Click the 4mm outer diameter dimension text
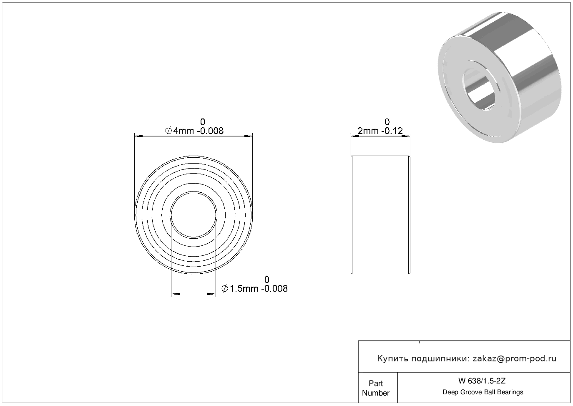194,131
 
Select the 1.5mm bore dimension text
254,288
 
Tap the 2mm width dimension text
380,131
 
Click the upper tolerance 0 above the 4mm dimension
203,121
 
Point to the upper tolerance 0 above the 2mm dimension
387,121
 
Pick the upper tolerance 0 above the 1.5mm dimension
267,279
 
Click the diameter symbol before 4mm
168,131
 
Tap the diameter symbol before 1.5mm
225,289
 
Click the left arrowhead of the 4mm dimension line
139,136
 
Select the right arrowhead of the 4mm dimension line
249,136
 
